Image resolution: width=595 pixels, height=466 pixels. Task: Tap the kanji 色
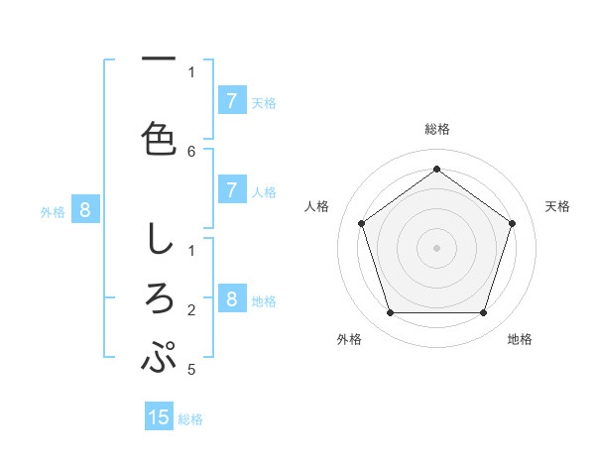coord(159,138)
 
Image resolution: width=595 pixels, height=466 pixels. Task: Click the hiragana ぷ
coord(159,357)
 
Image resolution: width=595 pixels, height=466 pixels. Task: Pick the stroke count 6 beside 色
coord(191,151)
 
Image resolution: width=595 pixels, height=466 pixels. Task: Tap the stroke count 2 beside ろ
coord(191,310)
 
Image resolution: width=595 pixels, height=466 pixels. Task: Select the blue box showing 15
coord(159,417)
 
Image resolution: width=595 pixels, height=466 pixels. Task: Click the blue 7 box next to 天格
coord(231,100)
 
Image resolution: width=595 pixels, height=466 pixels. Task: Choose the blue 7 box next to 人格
coord(231,190)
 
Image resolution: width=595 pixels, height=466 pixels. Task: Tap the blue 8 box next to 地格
coord(231,299)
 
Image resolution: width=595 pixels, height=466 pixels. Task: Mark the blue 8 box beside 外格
coord(85,209)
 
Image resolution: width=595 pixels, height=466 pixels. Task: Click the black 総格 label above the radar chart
coord(437,129)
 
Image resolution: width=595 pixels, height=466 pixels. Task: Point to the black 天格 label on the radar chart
coord(557,206)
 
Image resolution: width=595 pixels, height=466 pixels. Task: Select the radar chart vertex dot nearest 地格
coord(483,313)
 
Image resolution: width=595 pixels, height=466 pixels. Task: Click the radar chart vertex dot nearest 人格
coord(361,223)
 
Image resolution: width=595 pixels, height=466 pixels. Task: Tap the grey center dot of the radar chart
coord(436,247)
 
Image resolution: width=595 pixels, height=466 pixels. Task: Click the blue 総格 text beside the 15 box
coord(190,419)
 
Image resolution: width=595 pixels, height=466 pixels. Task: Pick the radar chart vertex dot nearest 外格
coord(390,313)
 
